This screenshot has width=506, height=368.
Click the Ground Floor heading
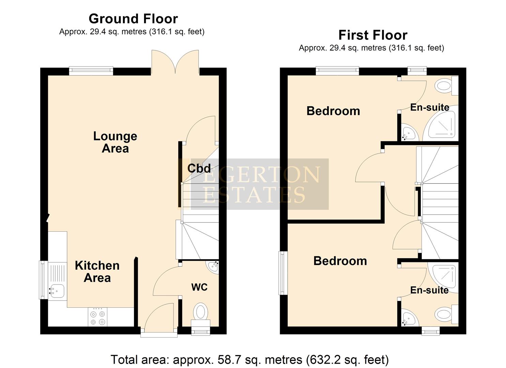click(133, 18)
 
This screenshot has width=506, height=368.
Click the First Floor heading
click(372, 35)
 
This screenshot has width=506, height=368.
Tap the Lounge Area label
click(115, 142)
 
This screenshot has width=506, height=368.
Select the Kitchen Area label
click(97, 272)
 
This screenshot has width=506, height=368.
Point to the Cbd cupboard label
click(199, 168)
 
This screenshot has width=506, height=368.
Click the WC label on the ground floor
click(199, 287)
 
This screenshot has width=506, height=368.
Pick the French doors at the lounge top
click(175, 62)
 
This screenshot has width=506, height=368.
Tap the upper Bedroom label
click(333, 111)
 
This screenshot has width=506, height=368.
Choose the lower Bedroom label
click(340, 261)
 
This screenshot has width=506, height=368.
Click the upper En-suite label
click(429, 107)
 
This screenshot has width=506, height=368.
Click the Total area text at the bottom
click(249, 359)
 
